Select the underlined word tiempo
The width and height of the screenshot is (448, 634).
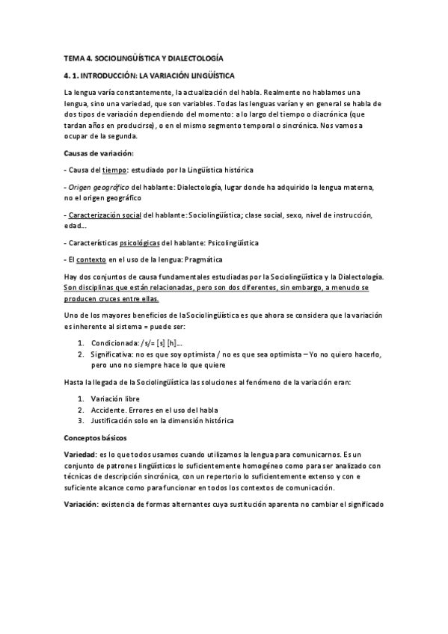[115, 170]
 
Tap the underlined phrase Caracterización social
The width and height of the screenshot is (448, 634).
[105, 215]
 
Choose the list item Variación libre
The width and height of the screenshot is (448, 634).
[115, 399]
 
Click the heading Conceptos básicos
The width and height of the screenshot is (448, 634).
[96, 437]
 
